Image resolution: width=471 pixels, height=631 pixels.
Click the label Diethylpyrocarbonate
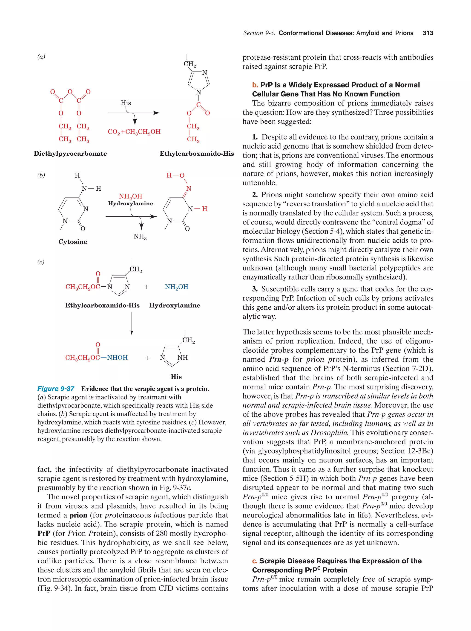tap(70, 154)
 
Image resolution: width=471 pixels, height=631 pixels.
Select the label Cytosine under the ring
tap(73, 242)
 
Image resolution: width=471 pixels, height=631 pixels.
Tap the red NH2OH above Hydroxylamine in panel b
tap(130, 196)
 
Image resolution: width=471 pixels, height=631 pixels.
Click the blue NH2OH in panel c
tap(176, 287)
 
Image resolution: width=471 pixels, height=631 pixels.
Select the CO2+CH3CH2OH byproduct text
tap(134, 132)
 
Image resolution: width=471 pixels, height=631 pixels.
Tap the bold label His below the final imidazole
tap(176, 377)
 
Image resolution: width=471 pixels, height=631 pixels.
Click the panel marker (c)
tap(41, 262)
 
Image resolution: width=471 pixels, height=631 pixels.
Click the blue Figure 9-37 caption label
tap(56, 389)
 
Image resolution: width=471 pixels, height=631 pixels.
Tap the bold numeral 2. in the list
tap(255, 195)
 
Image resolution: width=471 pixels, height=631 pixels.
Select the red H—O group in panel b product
tap(175, 175)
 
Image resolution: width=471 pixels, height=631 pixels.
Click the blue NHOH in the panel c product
tap(117, 358)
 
